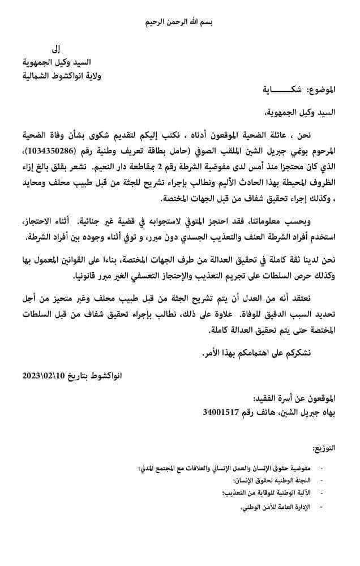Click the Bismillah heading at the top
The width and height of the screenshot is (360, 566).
point(180,22)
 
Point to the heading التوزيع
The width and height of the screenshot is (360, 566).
point(340,448)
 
